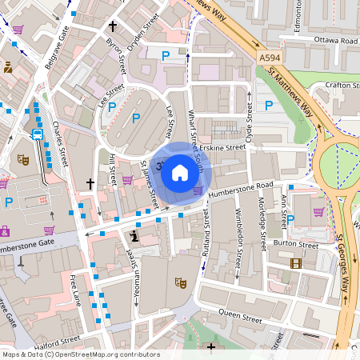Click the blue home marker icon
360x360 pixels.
coord(179,172)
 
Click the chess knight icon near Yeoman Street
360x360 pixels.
coord(134,236)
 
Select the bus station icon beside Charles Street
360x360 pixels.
coord(37,134)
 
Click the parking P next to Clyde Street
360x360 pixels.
coord(269,105)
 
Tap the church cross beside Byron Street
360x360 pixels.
coord(112,26)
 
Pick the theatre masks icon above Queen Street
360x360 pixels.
coord(182,282)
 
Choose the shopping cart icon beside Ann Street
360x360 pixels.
coord(318,212)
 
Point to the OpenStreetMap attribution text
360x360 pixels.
coord(81,354)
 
